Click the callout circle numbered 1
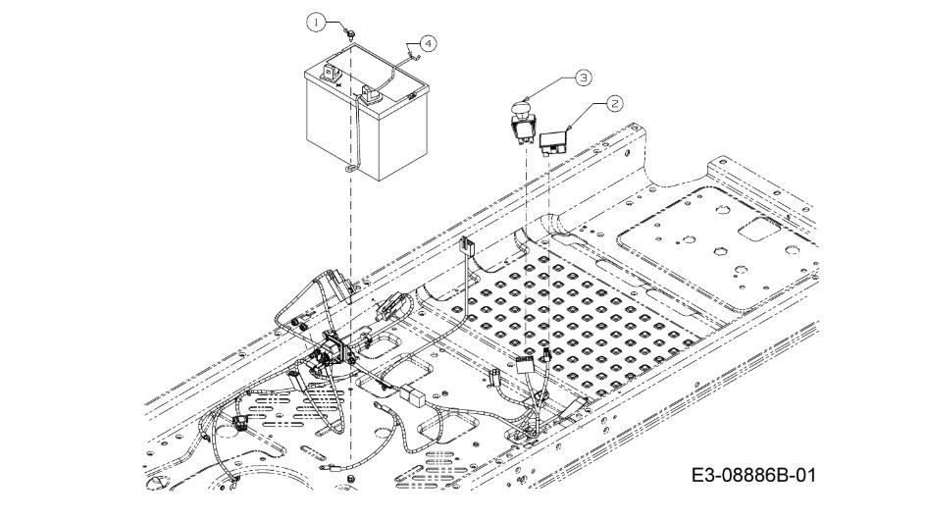316,23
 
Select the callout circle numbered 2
615,104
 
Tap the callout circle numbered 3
583,77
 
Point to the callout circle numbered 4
429,43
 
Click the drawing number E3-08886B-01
753,475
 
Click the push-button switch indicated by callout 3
523,123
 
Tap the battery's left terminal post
329,72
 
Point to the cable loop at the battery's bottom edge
350,170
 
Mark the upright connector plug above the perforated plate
467,245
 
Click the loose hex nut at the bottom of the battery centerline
351,477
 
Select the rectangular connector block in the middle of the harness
412,395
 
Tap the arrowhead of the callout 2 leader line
568,129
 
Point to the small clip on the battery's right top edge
412,95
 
